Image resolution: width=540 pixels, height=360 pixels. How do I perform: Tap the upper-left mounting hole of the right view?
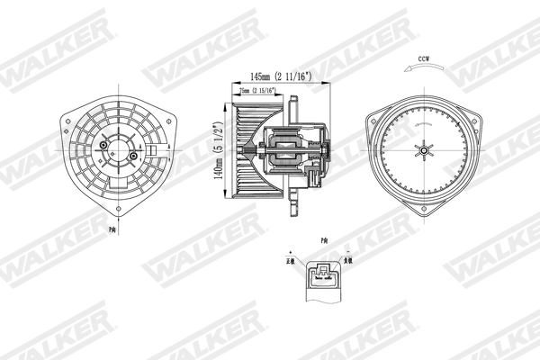pos(370,119)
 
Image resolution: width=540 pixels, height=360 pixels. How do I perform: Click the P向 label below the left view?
pos(112,230)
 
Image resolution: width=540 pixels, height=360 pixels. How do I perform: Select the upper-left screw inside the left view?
pos(104,141)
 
